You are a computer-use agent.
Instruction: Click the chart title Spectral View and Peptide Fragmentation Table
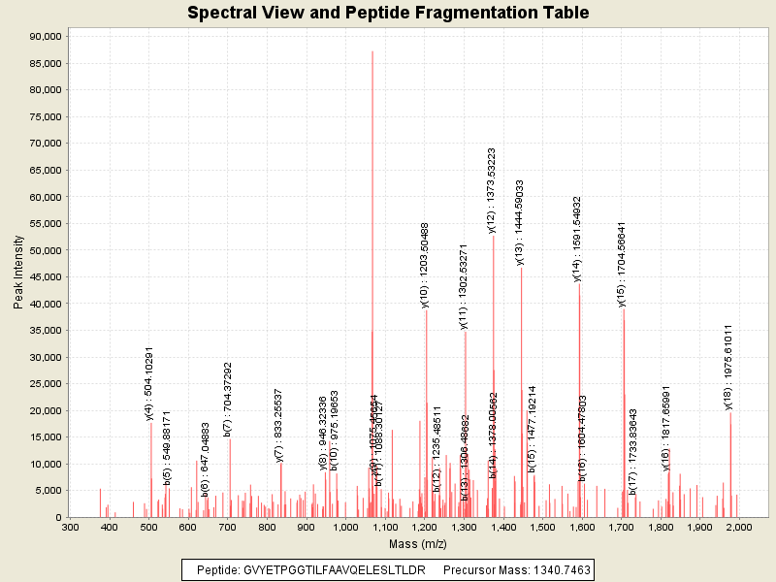pyautogui.click(x=388, y=14)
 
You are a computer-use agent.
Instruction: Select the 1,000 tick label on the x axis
pyautogui.click(x=345, y=528)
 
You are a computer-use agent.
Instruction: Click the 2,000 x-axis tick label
pyautogui.click(x=738, y=528)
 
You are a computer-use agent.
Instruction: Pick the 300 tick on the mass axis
pyautogui.click(x=70, y=528)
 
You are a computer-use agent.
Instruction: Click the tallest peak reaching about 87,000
pyautogui.click(x=372, y=52)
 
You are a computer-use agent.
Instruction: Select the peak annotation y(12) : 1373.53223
pyautogui.click(x=492, y=189)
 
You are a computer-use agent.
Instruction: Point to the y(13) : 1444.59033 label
pyautogui.click(x=520, y=222)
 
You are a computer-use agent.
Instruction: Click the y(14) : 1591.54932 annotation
pyautogui.click(x=577, y=239)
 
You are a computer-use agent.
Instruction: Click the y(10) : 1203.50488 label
pyautogui.click(x=425, y=265)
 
